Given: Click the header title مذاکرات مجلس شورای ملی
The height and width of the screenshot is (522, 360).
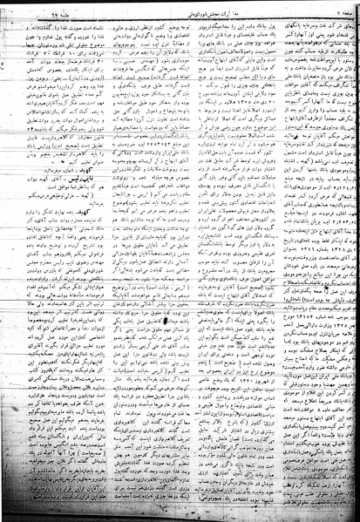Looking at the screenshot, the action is click(x=178, y=8).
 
